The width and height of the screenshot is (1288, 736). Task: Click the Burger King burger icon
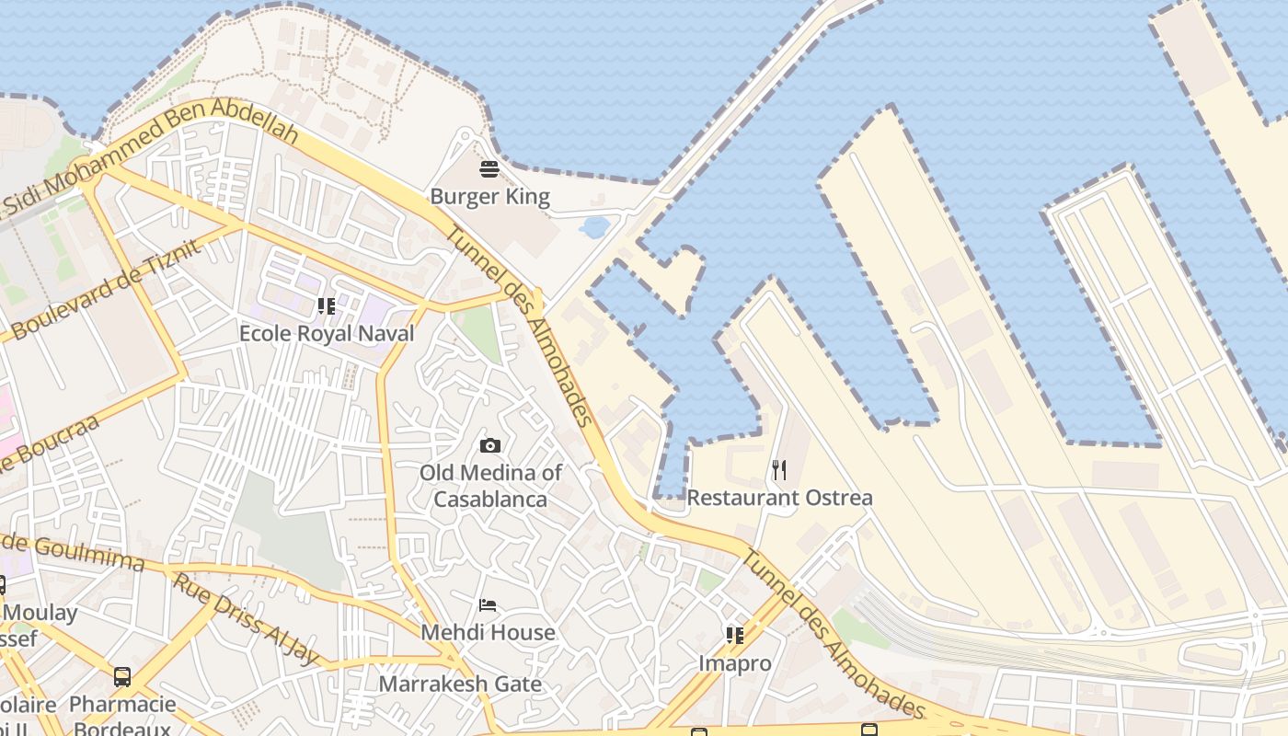(489, 169)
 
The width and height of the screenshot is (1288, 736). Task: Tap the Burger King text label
(489, 197)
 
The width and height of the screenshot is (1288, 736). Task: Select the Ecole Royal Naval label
(327, 334)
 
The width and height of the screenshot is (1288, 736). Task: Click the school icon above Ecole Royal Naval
(326, 305)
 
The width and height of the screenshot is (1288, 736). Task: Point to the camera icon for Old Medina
(490, 446)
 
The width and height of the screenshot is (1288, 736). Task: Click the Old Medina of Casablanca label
(490, 486)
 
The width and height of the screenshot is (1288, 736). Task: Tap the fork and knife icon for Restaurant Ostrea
(779, 470)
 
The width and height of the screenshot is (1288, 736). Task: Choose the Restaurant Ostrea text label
(779, 498)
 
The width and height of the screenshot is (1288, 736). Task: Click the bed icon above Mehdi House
(489, 605)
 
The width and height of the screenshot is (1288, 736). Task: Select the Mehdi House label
(488, 633)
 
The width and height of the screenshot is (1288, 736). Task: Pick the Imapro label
(734, 663)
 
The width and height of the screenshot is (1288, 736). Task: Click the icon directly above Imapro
(734, 636)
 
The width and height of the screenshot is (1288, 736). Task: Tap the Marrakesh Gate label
(460, 684)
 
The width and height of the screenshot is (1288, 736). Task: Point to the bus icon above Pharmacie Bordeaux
(122, 677)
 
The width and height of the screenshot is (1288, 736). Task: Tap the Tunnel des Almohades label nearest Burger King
(520, 327)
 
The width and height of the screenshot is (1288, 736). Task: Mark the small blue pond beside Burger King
(594, 226)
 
